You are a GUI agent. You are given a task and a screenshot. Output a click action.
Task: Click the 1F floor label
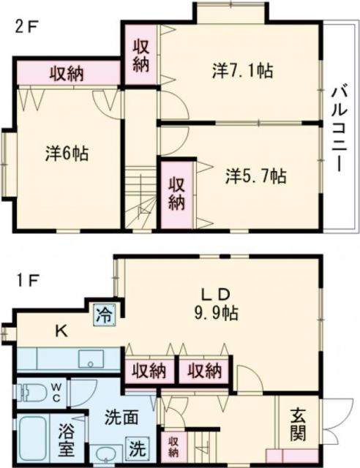click(28, 280)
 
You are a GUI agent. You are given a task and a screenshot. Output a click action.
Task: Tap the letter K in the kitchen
click(62, 331)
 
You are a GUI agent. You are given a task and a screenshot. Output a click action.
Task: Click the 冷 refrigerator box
click(104, 317)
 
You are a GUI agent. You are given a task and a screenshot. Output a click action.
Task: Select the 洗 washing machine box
click(138, 444)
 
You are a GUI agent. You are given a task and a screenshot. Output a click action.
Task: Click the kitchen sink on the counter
click(92, 361)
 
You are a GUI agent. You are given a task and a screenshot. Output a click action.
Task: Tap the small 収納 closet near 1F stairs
click(174, 445)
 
